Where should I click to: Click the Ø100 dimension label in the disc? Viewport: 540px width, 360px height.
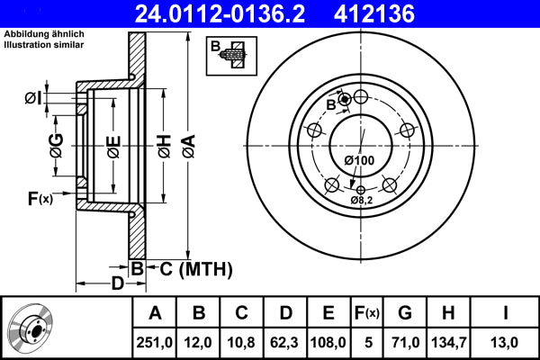(x=359, y=160)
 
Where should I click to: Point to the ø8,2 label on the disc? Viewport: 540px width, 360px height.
(x=361, y=200)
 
